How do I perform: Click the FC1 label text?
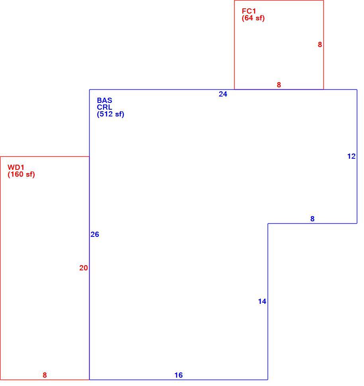[249, 11]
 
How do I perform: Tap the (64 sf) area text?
[253, 18]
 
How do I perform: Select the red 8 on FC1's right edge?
[320, 45]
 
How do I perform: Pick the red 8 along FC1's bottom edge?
[279, 85]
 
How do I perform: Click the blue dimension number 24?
[223, 94]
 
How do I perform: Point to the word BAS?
[104, 100]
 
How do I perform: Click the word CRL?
[104, 107]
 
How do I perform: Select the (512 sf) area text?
[110, 114]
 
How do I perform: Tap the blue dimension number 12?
[352, 156]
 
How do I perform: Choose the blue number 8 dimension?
[312, 219]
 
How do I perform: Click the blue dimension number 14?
[262, 301]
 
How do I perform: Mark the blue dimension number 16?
[179, 375]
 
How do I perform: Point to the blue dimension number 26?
[95, 234]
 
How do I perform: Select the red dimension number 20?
[84, 268]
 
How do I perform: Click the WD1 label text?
[16, 167]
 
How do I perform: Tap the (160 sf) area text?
[21, 175]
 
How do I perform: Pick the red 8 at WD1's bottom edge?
[45, 375]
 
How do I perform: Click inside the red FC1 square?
[279, 49]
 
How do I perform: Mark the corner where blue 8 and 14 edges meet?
[268, 224]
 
